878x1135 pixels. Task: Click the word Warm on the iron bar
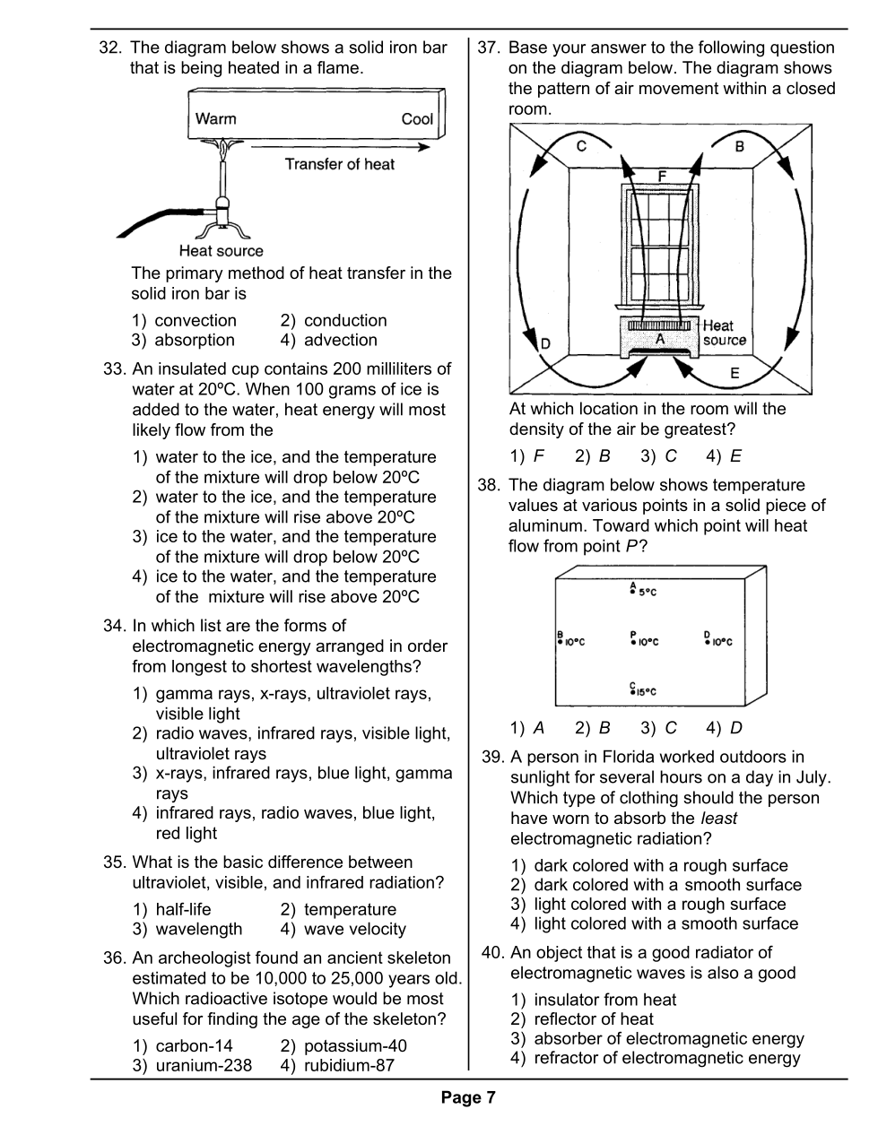tap(215, 118)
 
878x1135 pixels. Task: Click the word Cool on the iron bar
tap(417, 119)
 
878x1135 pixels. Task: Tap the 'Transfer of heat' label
tap(339, 164)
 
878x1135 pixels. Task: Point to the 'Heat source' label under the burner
tap(221, 251)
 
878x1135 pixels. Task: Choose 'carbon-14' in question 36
tap(194, 1045)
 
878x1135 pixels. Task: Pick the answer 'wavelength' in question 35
tap(198, 929)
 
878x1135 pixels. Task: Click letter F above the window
tap(662, 176)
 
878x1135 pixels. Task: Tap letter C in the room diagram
tap(581, 146)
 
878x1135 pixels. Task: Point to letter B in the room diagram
tap(740, 146)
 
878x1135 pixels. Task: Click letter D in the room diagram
tap(545, 343)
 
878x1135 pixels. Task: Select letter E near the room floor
tap(735, 373)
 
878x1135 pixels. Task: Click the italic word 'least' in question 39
tap(718, 818)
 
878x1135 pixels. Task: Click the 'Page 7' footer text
tap(467, 1097)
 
